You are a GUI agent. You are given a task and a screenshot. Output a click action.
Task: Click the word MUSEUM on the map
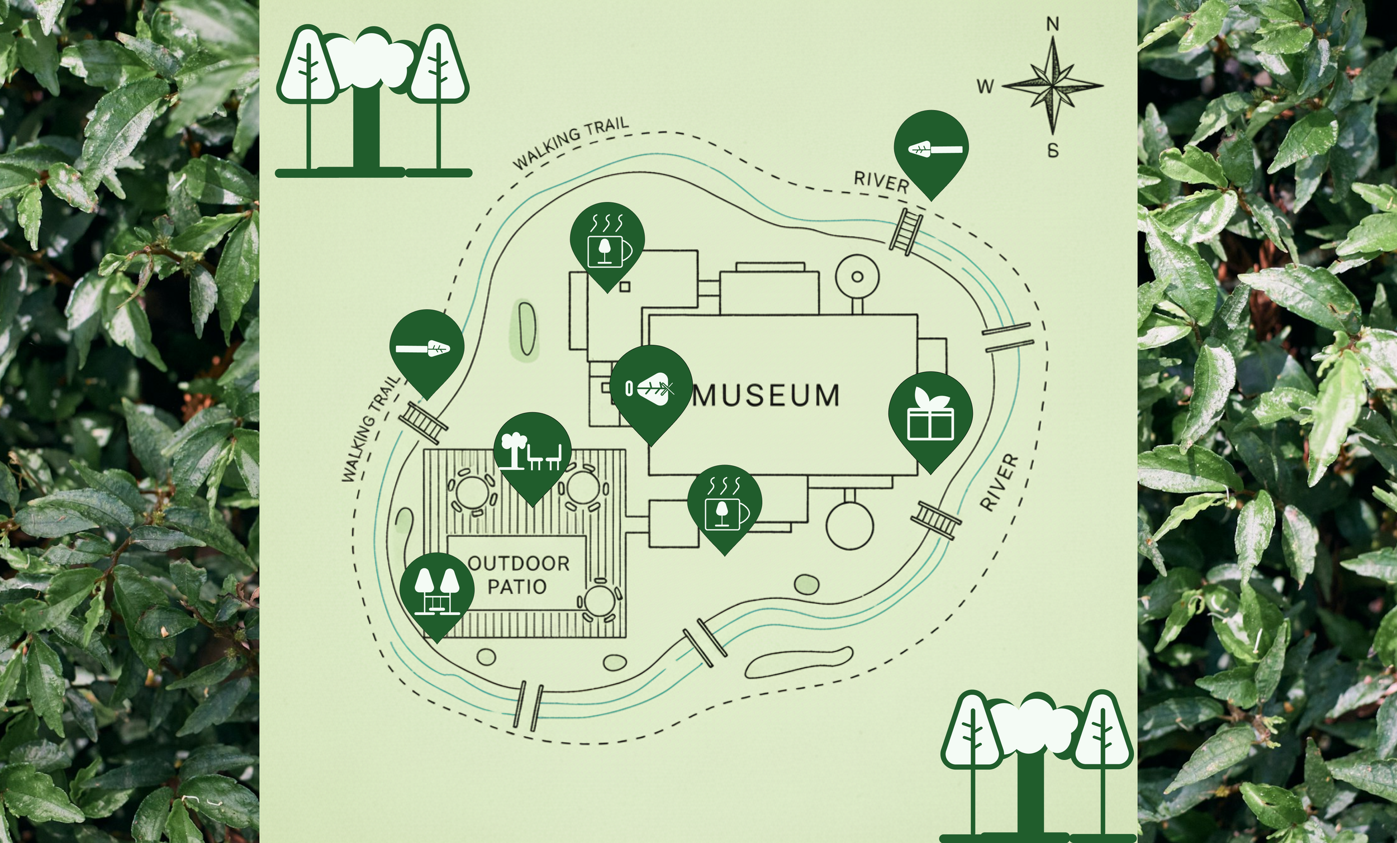click(766, 396)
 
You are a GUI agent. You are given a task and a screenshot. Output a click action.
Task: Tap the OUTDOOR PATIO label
click(518, 575)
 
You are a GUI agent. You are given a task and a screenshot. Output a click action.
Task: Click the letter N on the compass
click(1052, 25)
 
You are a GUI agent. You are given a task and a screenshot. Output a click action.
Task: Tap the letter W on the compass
click(985, 87)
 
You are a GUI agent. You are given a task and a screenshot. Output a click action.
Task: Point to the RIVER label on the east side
click(999, 483)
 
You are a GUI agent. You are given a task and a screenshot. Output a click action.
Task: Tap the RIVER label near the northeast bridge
click(881, 182)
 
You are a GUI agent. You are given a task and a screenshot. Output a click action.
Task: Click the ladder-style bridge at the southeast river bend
click(935, 520)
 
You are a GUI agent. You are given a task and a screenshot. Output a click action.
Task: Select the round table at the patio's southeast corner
click(600, 601)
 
